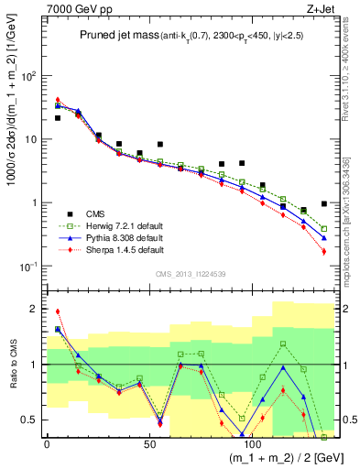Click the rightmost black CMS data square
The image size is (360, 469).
pos(324,203)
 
